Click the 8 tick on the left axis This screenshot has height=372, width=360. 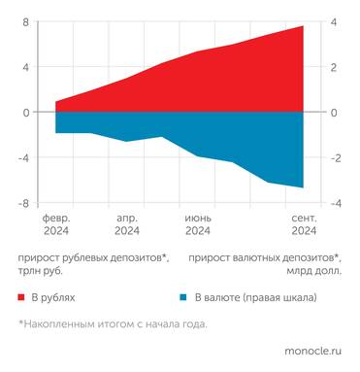tap(26, 22)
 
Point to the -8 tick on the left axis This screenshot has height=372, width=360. tap(24, 203)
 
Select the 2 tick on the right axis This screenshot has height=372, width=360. tap(334, 67)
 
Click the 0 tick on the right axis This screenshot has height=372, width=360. tap(334, 113)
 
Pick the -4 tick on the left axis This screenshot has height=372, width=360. tap(24, 157)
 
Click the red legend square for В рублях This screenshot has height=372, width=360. tap(20, 295)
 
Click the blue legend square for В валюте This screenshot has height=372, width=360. tap(182, 295)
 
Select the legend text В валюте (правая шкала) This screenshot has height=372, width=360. tap(254, 295)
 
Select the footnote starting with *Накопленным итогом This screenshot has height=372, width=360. tap(112, 324)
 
